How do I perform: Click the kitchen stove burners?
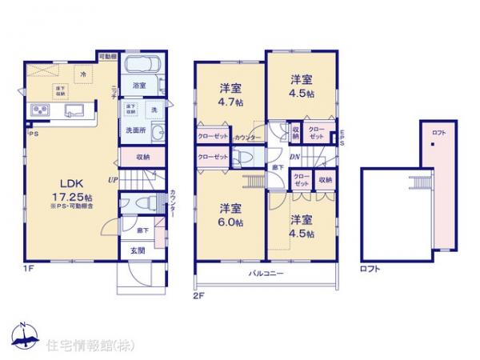[x=41, y=110]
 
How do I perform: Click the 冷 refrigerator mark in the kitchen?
[x=84, y=74]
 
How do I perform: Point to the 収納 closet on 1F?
[x=143, y=158]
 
